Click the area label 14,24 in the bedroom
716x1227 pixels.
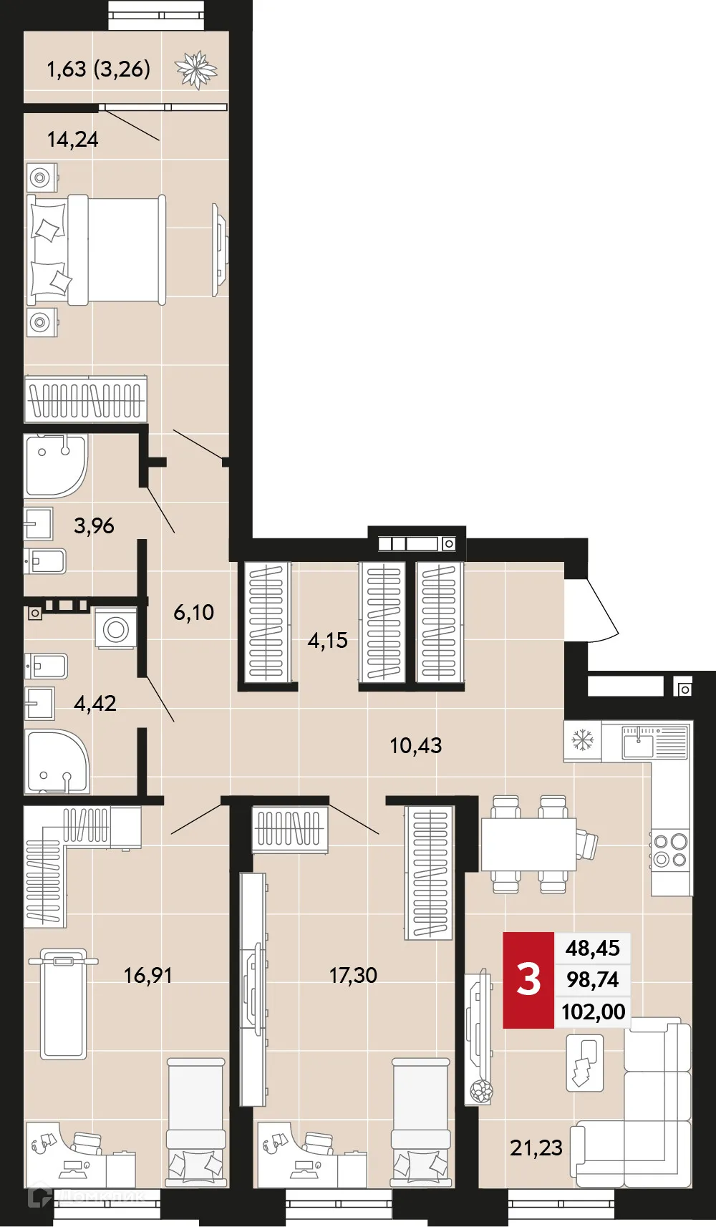tap(72, 139)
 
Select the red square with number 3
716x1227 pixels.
tap(528, 979)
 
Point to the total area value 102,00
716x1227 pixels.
tap(593, 1012)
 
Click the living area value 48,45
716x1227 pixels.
tap(592, 948)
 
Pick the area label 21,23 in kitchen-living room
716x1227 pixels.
tap(536, 1148)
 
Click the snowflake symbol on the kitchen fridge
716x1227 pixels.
tap(583, 740)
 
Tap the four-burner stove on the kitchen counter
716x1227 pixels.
tap(671, 850)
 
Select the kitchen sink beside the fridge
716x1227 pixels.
tap(638, 743)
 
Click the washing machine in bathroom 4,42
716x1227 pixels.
tap(116, 629)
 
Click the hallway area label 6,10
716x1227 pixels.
tap(193, 612)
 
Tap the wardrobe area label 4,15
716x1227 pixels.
tap(327, 640)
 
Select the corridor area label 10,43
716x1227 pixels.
tap(415, 745)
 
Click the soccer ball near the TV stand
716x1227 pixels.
tap(480, 1091)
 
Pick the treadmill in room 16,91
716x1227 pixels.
tap(63, 1002)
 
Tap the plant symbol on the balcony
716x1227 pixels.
tap(195, 69)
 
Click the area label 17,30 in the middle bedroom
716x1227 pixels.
tap(352, 975)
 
